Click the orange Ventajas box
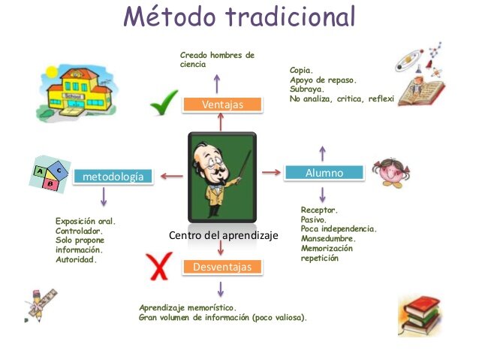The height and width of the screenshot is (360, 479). [223, 104]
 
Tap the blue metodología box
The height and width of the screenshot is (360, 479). [113, 177]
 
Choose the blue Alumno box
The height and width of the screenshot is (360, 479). [324, 173]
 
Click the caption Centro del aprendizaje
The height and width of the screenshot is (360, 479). [223, 235]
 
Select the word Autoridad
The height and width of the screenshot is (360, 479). [76, 259]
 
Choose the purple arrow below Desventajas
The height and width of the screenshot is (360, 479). [221, 289]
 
